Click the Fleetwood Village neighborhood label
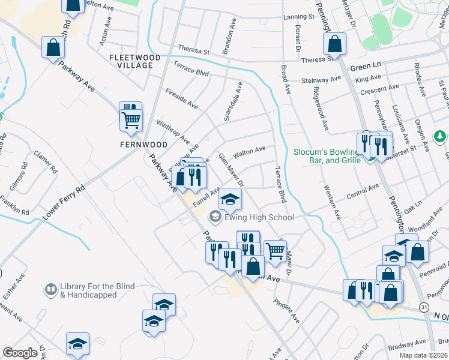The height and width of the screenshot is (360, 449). click(135, 61)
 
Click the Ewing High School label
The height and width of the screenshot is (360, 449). click(250, 218)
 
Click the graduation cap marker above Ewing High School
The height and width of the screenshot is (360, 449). click(229, 199)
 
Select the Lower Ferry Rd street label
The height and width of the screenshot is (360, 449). click(64, 202)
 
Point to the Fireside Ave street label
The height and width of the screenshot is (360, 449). click(181, 98)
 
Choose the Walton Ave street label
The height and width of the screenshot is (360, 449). click(249, 152)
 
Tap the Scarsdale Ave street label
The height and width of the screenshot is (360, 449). click(232, 102)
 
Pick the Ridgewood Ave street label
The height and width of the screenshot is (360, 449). click(321, 109)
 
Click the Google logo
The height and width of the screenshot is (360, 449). click(20, 353)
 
